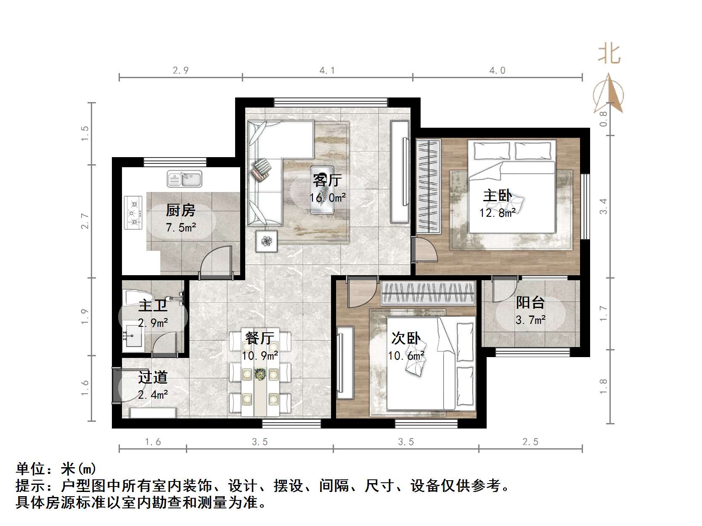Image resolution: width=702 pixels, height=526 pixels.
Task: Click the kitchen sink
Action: pyautogui.click(x=184, y=179)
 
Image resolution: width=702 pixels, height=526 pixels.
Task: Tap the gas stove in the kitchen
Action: pyautogui.click(x=134, y=213)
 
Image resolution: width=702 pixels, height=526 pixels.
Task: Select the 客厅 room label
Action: pyautogui.click(x=327, y=180)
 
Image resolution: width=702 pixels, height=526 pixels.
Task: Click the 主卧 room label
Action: pyautogui.click(x=498, y=196)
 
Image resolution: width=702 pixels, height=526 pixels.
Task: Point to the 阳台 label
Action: pyautogui.click(x=530, y=302)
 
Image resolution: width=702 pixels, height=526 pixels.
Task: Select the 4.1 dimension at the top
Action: pyautogui.click(x=327, y=71)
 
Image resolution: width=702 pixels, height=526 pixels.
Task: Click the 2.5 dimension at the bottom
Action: pyautogui.click(x=530, y=442)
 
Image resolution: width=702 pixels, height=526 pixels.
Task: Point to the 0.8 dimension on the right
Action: pyautogui.click(x=604, y=119)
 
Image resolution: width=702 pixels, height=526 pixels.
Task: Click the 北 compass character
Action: pyautogui.click(x=609, y=55)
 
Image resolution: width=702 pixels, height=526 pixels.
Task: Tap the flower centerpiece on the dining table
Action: pyautogui.click(x=260, y=374)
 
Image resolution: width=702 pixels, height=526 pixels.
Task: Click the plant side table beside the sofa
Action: pyautogui.click(x=267, y=241)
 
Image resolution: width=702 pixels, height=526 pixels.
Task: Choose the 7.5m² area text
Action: pyautogui.click(x=181, y=228)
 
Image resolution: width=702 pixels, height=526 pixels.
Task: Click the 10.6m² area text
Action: pyautogui.click(x=406, y=356)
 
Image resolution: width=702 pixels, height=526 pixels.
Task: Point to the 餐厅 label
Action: pyautogui.click(x=260, y=338)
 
